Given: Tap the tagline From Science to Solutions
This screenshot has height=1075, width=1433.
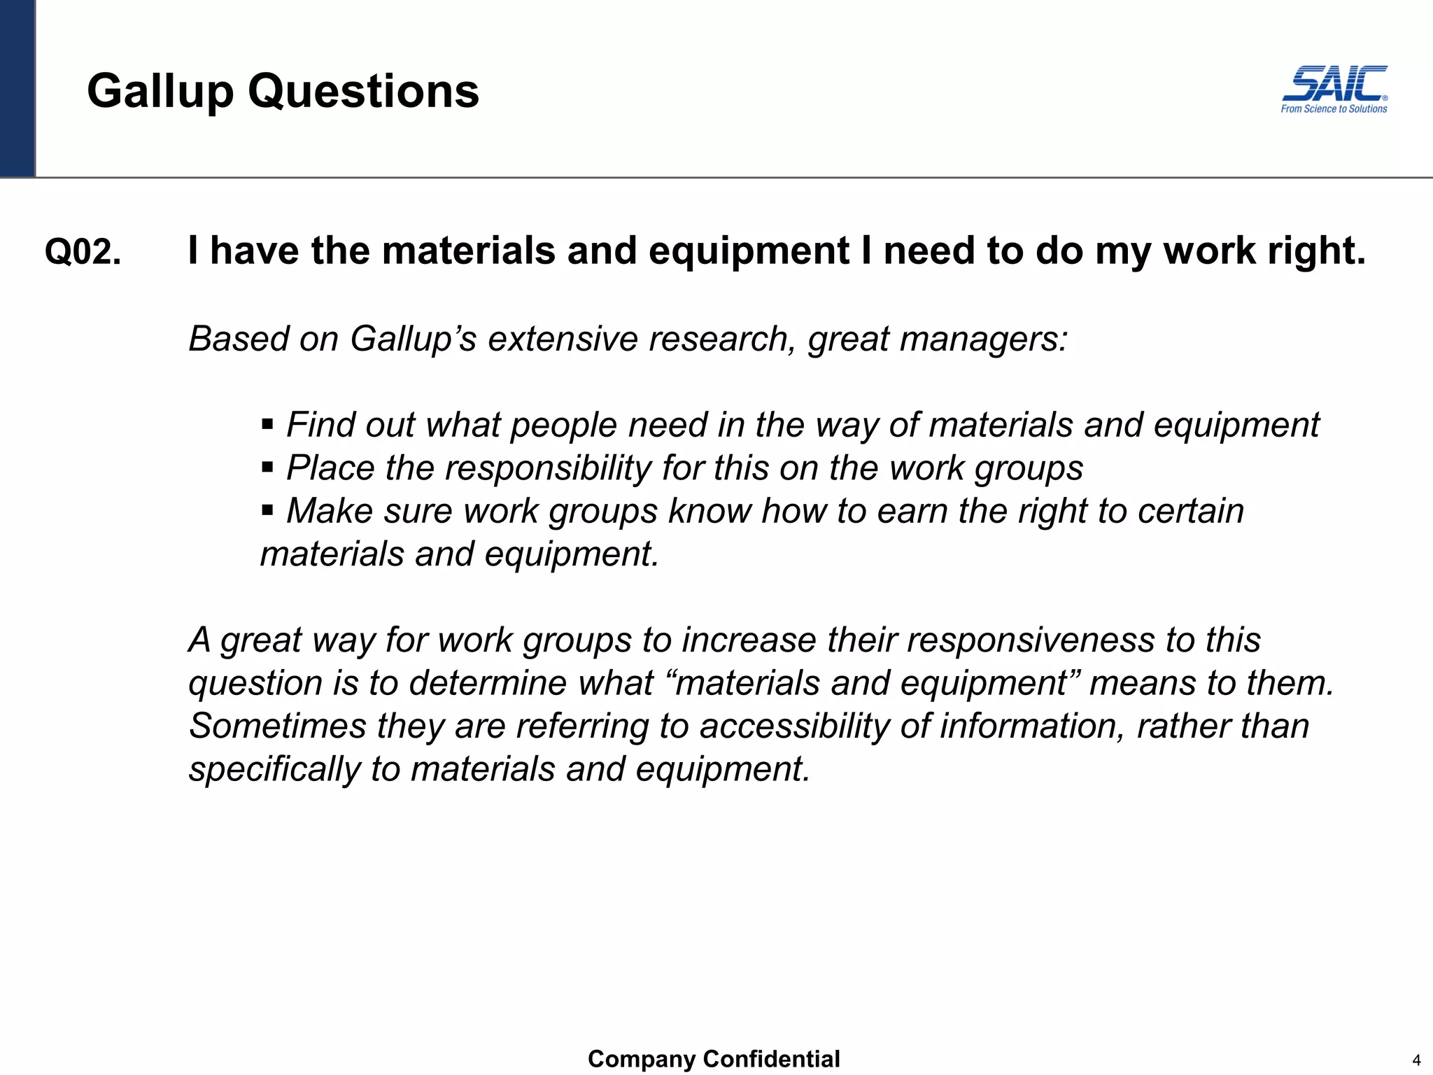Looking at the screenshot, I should coord(1334,109).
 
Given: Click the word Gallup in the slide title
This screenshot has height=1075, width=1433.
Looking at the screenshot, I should coord(160,92).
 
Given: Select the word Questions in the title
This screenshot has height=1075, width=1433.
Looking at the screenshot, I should coord(363,92).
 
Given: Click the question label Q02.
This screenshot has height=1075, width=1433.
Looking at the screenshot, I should coord(83,252).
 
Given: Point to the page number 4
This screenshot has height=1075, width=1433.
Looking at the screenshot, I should coord(1416,1060).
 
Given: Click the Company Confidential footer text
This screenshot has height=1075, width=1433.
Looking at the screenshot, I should coord(714,1059).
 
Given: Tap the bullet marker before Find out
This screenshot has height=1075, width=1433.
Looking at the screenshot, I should coord(267,424).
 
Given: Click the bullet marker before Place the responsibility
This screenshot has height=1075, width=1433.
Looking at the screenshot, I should coord(267,467).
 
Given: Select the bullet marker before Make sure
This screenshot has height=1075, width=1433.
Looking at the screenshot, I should coord(267,510).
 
